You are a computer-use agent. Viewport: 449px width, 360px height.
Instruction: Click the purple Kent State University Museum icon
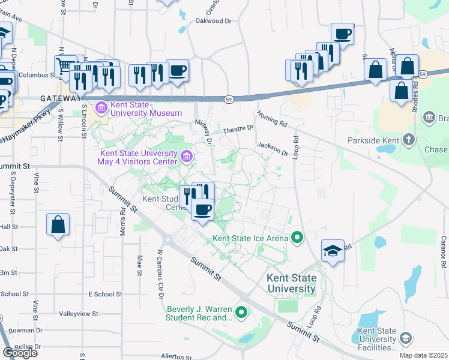point(101,108)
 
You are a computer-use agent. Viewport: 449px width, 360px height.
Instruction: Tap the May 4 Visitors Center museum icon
point(187,158)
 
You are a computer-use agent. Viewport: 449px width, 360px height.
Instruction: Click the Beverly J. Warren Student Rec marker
point(241,312)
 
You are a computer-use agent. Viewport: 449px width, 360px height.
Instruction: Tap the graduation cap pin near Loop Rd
point(333,250)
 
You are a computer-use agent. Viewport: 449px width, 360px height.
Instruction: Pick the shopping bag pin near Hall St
point(58,225)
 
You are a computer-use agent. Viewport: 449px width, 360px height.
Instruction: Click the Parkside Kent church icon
point(408,141)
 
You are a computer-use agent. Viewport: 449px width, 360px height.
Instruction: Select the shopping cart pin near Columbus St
point(64,65)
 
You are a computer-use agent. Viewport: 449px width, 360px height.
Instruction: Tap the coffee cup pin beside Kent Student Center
point(202,210)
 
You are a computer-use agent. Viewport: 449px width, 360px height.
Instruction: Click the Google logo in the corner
point(20,353)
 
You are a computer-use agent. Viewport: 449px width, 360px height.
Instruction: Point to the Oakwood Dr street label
point(213,21)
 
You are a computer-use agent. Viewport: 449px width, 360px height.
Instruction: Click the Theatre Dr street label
point(238,128)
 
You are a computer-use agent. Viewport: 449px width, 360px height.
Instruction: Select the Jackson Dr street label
point(273,148)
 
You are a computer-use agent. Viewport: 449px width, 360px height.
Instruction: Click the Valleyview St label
point(76,314)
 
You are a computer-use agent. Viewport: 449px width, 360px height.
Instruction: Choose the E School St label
point(105,294)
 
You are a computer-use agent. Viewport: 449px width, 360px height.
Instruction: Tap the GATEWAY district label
point(60,98)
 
